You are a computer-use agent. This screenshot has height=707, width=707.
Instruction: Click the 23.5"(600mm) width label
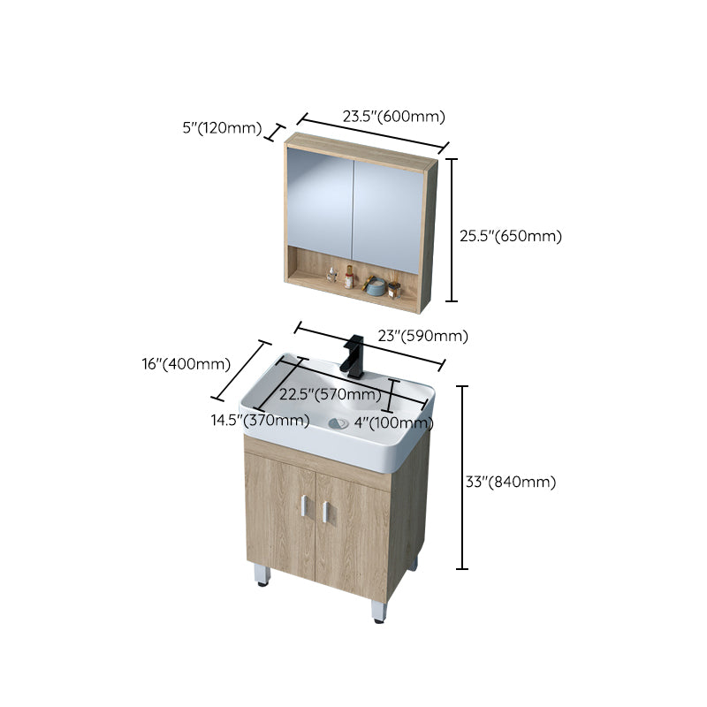tap(393, 116)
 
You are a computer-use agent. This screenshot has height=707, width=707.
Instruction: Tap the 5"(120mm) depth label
tap(222, 128)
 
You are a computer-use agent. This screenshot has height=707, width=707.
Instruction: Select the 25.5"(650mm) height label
tap(511, 236)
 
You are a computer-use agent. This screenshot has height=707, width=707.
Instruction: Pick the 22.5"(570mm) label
tap(330, 394)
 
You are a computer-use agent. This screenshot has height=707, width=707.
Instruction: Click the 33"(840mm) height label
tap(511, 482)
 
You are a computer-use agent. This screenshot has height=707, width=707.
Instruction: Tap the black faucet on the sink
tap(354, 354)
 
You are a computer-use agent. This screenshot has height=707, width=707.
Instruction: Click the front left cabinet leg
tap(261, 574)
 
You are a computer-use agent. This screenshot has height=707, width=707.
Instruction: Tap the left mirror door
tap(320, 205)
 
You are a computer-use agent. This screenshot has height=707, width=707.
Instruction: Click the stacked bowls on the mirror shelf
tap(374, 286)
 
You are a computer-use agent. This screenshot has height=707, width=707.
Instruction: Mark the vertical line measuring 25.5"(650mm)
tap(452, 230)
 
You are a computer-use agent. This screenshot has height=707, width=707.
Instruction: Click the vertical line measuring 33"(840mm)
tap(461, 477)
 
